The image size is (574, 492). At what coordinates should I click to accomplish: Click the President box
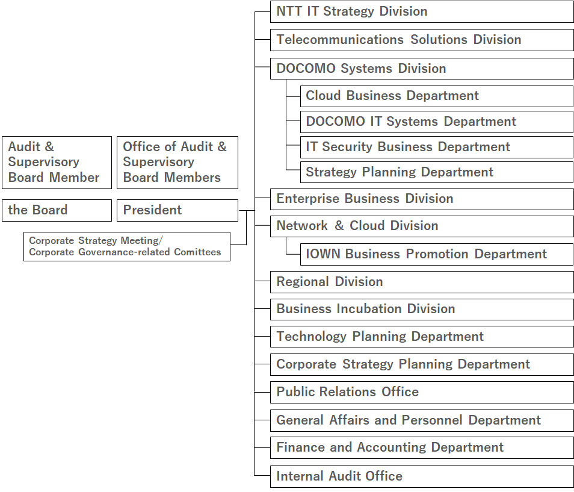point(177,210)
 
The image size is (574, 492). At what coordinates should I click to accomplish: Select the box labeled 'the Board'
point(57,210)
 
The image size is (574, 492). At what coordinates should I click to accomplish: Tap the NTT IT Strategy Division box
point(422,11)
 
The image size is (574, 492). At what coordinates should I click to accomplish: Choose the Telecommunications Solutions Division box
point(422,40)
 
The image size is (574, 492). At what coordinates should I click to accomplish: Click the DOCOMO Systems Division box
point(422,69)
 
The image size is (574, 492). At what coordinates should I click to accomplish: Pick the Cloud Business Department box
point(437,96)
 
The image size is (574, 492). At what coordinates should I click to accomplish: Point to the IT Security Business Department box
point(437,148)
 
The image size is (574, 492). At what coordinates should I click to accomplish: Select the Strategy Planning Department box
point(437,172)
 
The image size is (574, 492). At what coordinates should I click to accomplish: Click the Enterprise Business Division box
point(422,199)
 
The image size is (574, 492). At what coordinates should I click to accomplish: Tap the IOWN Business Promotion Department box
point(437,254)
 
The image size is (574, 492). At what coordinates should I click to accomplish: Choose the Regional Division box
point(422,282)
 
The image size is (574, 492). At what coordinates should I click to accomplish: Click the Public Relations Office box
point(422,393)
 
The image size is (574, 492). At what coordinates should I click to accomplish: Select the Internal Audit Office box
point(422,476)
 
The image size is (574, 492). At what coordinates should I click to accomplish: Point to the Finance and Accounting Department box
point(422,447)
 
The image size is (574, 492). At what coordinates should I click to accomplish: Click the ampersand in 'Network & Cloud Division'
point(339,226)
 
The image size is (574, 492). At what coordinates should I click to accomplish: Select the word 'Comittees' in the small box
point(197,252)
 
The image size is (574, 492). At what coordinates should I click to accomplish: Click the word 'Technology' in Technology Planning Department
point(311,337)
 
